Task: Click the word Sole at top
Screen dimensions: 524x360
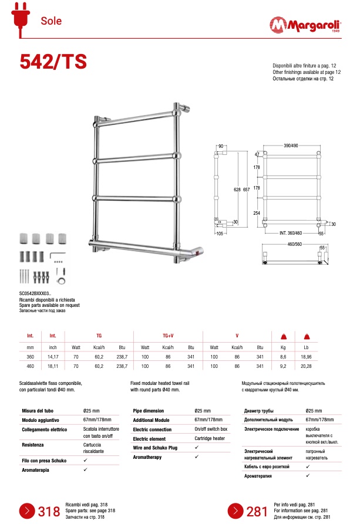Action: tap(51, 21)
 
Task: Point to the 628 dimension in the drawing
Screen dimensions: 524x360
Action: tap(237, 190)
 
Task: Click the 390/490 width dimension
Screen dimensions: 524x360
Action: tap(291, 145)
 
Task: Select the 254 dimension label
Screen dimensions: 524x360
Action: tap(256, 214)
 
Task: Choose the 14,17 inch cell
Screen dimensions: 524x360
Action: tap(53, 356)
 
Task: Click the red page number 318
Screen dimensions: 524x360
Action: tap(49, 512)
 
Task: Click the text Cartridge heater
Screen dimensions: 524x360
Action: tap(210, 438)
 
